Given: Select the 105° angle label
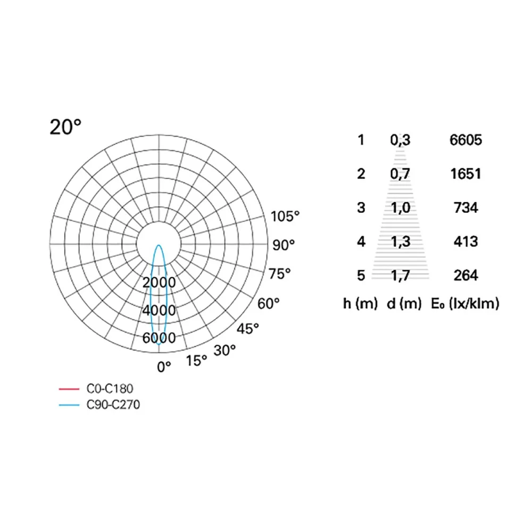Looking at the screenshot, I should click(285, 217).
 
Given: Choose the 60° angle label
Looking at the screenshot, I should click(268, 304).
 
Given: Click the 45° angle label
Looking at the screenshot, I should click(248, 329).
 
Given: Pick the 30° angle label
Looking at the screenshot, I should click(225, 351).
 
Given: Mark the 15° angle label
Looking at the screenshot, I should click(196, 361).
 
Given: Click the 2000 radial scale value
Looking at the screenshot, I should click(159, 281).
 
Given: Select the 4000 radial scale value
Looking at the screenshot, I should click(159, 310).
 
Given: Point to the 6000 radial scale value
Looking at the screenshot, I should click(159, 338).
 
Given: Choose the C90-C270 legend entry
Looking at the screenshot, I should click(112, 405).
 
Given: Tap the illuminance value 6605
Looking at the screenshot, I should click(465, 140).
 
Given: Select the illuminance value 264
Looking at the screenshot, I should click(466, 276).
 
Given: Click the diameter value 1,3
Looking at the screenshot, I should click(401, 242).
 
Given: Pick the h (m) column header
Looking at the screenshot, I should click(360, 304).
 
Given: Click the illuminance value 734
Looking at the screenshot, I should click(466, 207).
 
